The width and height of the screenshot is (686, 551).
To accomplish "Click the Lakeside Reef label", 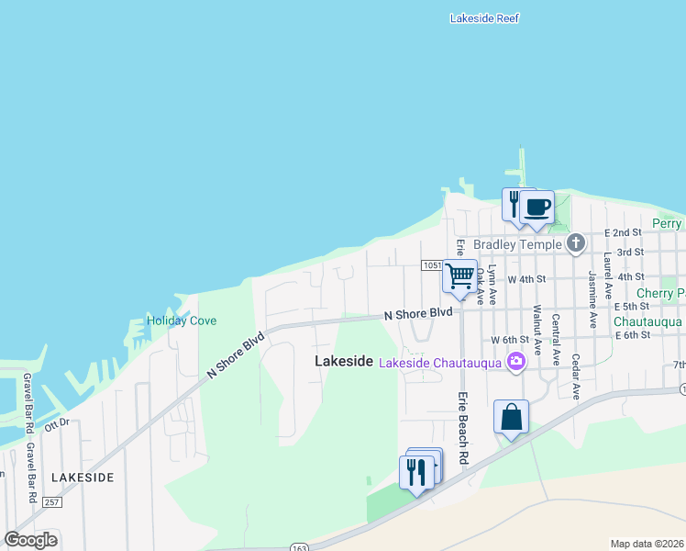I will (485, 18).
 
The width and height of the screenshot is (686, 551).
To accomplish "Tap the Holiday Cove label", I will (182, 321).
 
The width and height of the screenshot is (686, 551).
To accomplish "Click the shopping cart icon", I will (459, 276).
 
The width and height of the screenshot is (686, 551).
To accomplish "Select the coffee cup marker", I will (537, 208).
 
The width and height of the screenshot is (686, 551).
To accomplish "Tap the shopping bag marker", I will (511, 417).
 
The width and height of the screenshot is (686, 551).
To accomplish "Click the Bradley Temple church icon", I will (575, 243).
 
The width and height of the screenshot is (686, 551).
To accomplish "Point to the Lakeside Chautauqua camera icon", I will (516, 362).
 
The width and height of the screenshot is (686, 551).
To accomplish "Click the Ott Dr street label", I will (57, 423).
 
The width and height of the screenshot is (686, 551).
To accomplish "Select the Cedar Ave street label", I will (576, 376).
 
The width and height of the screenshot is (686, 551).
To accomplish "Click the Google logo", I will (31, 539).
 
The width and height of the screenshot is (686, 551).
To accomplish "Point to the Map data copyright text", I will (647, 544).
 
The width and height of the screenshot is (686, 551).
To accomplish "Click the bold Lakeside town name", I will (344, 362).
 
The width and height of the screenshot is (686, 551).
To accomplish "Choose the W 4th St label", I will (529, 278).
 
